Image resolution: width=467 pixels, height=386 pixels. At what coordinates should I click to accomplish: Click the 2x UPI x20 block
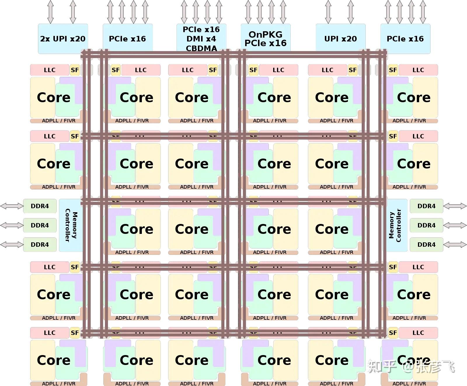pyautogui.click(x=63, y=39)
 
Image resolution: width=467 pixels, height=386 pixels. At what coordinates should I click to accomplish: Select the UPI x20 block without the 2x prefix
pyautogui.click(x=341, y=39)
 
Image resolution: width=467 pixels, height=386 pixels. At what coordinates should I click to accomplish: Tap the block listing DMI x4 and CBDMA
pyautogui.click(x=201, y=39)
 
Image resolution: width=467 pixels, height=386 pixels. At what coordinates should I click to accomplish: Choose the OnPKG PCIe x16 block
pyautogui.click(x=266, y=39)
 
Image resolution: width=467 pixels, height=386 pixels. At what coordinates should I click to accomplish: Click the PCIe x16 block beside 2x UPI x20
pyautogui.click(x=128, y=39)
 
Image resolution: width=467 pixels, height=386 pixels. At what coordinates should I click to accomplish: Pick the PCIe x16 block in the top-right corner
pyautogui.click(x=405, y=39)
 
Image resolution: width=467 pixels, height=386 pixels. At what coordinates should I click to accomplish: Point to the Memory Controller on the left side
pyautogui.click(x=71, y=225)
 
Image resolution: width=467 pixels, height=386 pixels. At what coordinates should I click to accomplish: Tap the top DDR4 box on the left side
pyautogui.click(x=40, y=206)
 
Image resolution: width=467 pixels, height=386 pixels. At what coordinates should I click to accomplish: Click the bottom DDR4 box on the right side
pyautogui.click(x=426, y=245)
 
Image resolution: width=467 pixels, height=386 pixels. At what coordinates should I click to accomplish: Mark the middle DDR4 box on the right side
pyautogui.click(x=426, y=225)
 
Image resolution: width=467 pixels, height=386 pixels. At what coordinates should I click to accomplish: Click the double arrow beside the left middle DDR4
pyautogui.click(x=12, y=225)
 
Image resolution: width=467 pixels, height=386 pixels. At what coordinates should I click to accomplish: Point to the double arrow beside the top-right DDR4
pyautogui.click(x=455, y=206)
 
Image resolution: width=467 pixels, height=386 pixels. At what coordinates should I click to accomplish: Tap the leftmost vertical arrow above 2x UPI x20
pyautogui.click(x=50, y=12)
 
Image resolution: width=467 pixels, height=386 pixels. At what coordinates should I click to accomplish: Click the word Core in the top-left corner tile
pyautogui.click(x=54, y=98)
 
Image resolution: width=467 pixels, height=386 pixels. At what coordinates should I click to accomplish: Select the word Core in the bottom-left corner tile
pyautogui.click(x=54, y=360)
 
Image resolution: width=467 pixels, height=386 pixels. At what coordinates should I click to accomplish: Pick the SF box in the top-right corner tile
pyautogui.click(x=393, y=70)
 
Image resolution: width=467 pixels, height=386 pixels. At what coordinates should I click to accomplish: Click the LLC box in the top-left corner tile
pyautogui.click(x=50, y=70)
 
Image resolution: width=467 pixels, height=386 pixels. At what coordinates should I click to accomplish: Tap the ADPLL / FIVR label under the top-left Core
pyautogui.click(x=59, y=121)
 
